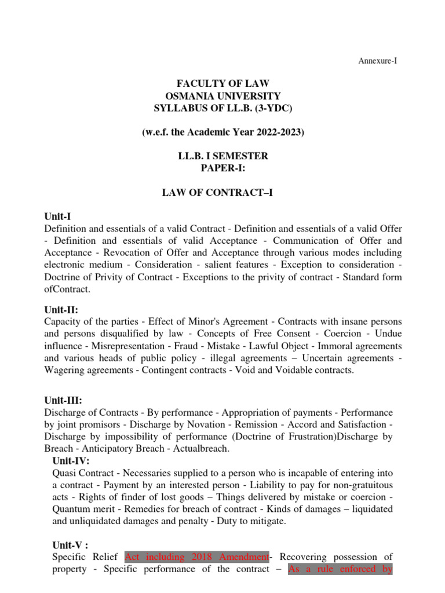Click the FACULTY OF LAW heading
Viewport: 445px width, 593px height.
click(x=223, y=83)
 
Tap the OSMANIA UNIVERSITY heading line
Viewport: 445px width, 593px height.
click(x=223, y=96)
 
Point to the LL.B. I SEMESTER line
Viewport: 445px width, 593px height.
click(x=223, y=156)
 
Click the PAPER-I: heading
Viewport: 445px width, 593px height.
click(x=223, y=168)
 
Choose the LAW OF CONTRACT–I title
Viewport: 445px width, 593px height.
click(x=223, y=193)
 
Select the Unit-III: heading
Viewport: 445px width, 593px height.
click(x=63, y=400)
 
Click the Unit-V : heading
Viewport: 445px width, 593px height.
click(x=71, y=545)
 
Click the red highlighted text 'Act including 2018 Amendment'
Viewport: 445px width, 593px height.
click(x=196, y=557)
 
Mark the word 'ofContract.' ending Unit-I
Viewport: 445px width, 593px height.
click(x=67, y=288)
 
